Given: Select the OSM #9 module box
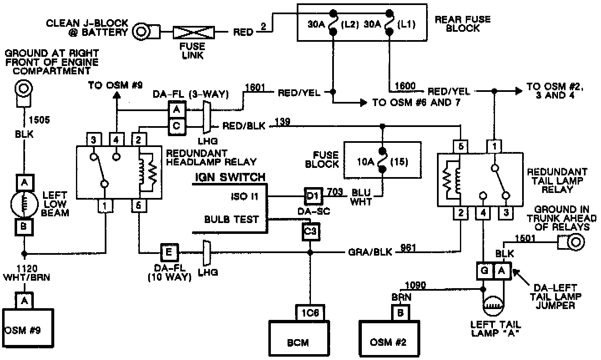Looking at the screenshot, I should point(28,330).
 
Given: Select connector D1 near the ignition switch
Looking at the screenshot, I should point(313,195).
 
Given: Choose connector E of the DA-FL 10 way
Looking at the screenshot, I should point(169,252).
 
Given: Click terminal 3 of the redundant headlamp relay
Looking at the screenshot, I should point(93,139).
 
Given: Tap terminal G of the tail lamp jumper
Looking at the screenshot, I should point(485,271).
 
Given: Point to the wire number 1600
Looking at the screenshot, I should point(404,86).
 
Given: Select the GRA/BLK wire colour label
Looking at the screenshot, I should point(370,252).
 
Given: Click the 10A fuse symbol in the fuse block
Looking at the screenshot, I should point(382,160).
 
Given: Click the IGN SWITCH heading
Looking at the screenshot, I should point(230,177).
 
